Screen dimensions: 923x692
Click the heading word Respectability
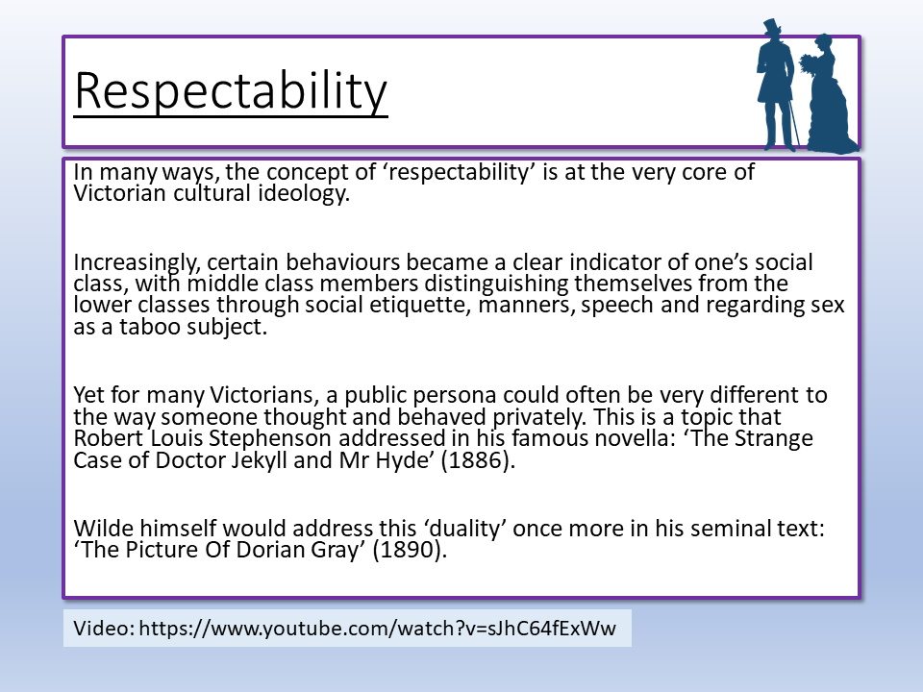(x=231, y=91)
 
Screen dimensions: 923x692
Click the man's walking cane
(x=794, y=124)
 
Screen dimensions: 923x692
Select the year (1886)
(x=478, y=460)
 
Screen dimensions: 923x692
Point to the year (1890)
(x=410, y=550)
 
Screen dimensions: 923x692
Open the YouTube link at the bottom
(x=377, y=629)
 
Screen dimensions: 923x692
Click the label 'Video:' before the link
(x=104, y=629)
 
